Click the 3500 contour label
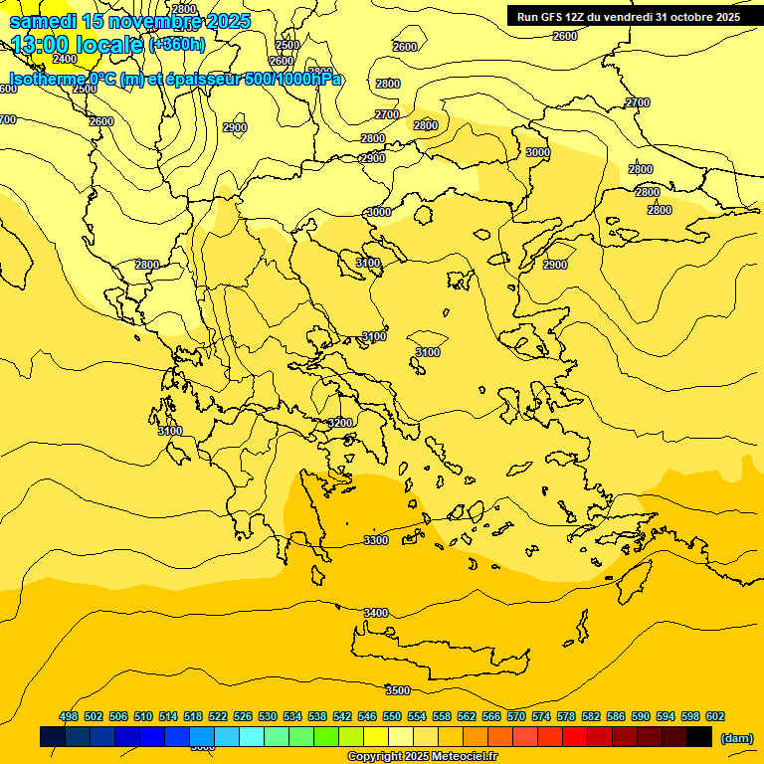(398, 690)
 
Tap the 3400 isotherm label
(376, 613)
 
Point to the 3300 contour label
(376, 540)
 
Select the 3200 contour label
(340, 423)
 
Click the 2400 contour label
(65, 59)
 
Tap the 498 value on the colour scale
(69, 716)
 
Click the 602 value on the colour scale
(715, 716)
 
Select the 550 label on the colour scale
(392, 716)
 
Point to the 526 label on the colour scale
(243, 716)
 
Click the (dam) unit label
(736, 738)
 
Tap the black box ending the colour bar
(699, 736)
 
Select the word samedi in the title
(42, 21)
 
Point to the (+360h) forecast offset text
(177, 45)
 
